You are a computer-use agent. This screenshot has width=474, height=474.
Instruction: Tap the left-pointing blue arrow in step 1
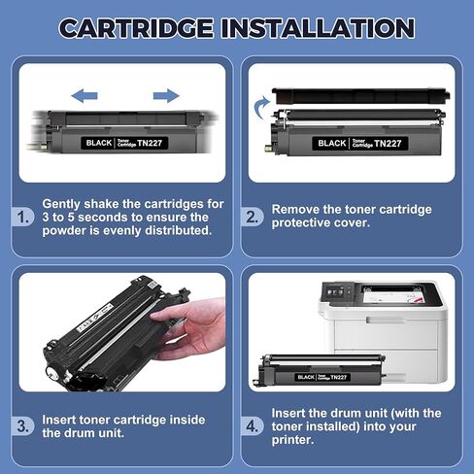85,95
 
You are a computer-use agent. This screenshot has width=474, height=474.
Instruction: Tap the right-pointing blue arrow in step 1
166,95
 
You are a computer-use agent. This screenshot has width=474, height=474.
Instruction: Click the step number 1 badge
25,217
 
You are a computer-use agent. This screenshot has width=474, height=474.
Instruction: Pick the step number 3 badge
25,425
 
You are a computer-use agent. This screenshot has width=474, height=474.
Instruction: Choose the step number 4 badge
253,425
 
